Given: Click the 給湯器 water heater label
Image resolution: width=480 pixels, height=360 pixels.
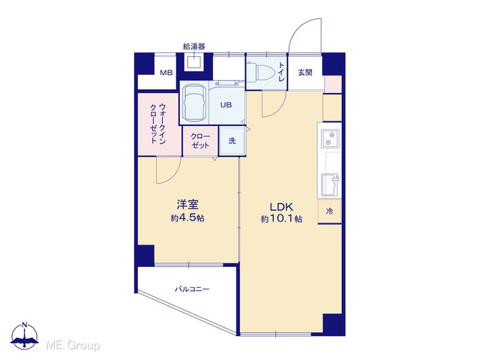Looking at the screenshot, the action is pyautogui.click(x=193, y=46).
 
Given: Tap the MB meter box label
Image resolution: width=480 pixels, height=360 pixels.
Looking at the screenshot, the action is pyautogui.click(x=166, y=73).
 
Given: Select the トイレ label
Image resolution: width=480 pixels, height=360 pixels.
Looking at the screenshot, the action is pyautogui.click(x=281, y=72).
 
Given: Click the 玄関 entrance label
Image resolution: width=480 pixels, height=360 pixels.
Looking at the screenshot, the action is pyautogui.click(x=305, y=73).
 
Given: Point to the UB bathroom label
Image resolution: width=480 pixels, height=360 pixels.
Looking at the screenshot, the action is pyautogui.click(x=226, y=105).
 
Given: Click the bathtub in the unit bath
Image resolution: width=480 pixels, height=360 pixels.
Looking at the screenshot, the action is pyautogui.click(x=194, y=103).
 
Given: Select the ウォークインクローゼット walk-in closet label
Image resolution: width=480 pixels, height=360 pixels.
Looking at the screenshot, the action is pyautogui.click(x=158, y=124).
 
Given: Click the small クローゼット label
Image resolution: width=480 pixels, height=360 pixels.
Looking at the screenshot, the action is pyautogui.click(x=200, y=141).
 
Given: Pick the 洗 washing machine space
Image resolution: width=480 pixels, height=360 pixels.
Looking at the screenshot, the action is pyautogui.click(x=232, y=141).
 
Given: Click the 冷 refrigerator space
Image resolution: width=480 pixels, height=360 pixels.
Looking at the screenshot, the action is pyautogui.click(x=329, y=211).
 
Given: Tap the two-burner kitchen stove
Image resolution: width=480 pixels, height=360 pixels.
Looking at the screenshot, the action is pyautogui.click(x=330, y=138).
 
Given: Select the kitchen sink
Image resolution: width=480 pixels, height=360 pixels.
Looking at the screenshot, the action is pyautogui.click(x=330, y=184).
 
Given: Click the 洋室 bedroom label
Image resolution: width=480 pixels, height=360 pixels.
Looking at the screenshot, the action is pyautogui.click(x=187, y=205).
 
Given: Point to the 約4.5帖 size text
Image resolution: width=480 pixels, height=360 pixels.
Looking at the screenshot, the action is pyautogui.click(x=187, y=218).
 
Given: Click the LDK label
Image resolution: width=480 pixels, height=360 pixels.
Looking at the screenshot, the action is pyautogui.click(x=282, y=207).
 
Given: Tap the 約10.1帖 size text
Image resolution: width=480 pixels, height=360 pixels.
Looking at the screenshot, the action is pyautogui.click(x=282, y=219).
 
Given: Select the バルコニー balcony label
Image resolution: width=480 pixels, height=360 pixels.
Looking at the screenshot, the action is pyautogui.click(x=192, y=289).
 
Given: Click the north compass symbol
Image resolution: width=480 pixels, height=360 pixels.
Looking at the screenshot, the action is pyautogui.click(x=25, y=336).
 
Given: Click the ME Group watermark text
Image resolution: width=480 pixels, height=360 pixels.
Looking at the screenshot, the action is pyautogui.click(x=73, y=345).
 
